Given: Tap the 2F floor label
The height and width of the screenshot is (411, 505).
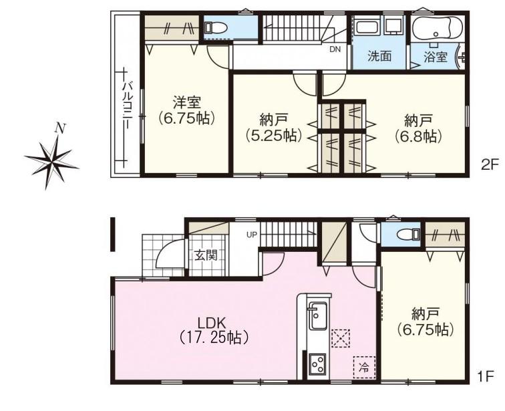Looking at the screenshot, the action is click(x=489, y=166).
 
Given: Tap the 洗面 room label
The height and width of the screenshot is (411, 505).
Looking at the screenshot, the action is click(x=379, y=56).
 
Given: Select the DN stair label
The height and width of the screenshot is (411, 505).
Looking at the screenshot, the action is click(x=335, y=49).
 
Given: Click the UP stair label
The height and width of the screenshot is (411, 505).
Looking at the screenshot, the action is click(x=252, y=235).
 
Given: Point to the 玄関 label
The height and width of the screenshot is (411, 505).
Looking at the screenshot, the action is click(x=206, y=256).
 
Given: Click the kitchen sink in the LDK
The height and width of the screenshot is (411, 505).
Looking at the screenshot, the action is click(x=317, y=315).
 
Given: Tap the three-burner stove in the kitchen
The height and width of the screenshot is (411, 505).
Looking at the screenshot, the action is click(x=317, y=364).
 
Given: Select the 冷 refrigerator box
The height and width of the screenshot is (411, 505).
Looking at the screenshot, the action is click(x=364, y=367).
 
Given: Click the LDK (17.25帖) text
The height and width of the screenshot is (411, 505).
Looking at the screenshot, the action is click(x=213, y=329).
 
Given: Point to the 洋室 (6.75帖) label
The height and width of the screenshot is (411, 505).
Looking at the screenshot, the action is click(x=187, y=111).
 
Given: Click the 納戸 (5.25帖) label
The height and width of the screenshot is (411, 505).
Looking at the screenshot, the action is click(x=273, y=128).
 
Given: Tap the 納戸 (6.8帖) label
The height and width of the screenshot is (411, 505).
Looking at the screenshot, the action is click(x=417, y=129).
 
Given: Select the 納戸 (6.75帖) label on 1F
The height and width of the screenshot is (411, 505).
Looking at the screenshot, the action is click(x=425, y=321).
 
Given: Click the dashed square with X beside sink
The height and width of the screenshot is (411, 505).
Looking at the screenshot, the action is click(x=341, y=338).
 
